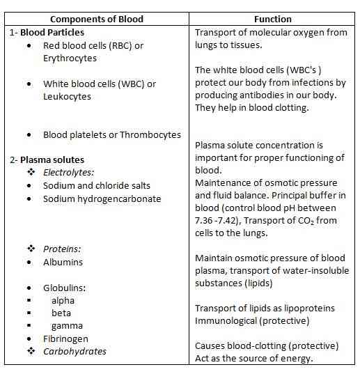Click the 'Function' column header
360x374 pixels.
(272, 19)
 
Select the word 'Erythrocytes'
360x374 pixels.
(70, 59)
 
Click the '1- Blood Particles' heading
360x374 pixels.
(48, 32)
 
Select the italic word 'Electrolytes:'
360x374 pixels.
(69, 173)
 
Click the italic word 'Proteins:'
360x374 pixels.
(61, 249)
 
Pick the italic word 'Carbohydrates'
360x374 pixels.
(75, 351)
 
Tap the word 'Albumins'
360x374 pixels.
(63, 262)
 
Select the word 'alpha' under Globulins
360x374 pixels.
(63, 300)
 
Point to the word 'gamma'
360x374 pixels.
(67, 325)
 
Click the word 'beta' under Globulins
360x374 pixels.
(61, 313)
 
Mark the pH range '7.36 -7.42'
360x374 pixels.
(221, 221)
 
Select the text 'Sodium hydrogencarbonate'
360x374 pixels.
(102, 198)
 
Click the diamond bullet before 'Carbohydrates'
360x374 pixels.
(31, 351)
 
